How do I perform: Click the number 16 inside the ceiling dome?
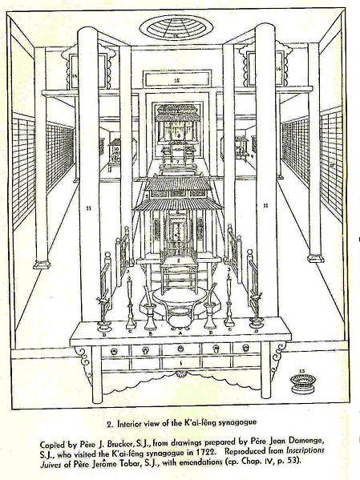pyautogui.click(x=176, y=36)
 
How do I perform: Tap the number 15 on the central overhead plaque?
pyautogui.click(x=176, y=80)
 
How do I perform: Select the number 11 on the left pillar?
pyautogui.click(x=88, y=208)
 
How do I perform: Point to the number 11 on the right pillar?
pyautogui.click(x=265, y=205)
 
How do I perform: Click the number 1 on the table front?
pyautogui.click(x=180, y=363)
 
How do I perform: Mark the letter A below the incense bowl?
pyautogui.click(x=180, y=333)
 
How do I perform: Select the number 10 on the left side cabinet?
pyautogui.click(x=116, y=149)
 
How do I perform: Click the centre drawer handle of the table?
pyautogui.click(x=181, y=349)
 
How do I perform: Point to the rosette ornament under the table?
pyautogui.click(x=181, y=374)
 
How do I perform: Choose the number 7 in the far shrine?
pyautogui.click(x=177, y=161)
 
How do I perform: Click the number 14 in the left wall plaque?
pyautogui.click(x=75, y=75)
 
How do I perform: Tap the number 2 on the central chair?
pyautogui.click(x=178, y=260)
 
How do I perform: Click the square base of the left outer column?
pyautogui.click(x=42, y=264)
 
